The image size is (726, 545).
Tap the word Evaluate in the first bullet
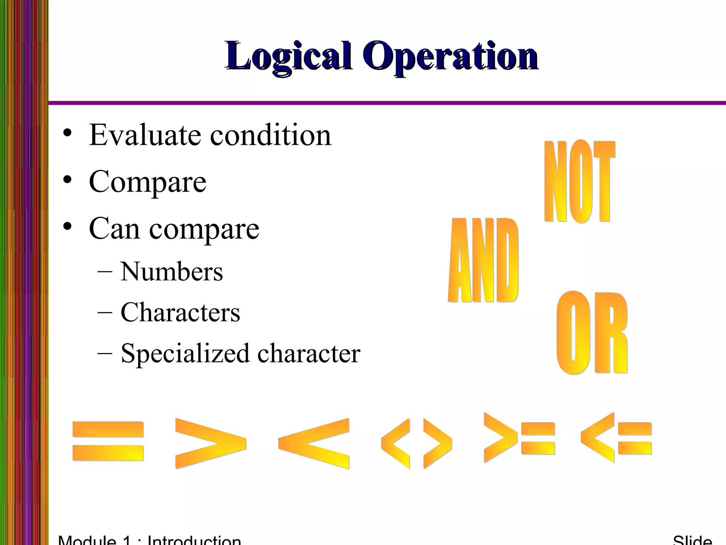point(145,135)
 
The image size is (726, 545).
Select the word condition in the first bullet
point(270,135)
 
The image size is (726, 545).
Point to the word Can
point(114,229)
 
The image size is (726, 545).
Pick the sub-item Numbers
point(172,272)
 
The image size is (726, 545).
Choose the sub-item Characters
point(180,313)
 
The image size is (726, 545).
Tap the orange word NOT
point(579,182)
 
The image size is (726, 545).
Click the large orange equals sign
point(108,441)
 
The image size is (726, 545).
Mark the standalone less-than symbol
point(314,444)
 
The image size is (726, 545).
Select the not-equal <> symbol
point(417,444)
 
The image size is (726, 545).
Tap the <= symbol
point(616,438)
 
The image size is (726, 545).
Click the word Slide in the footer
point(692,540)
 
